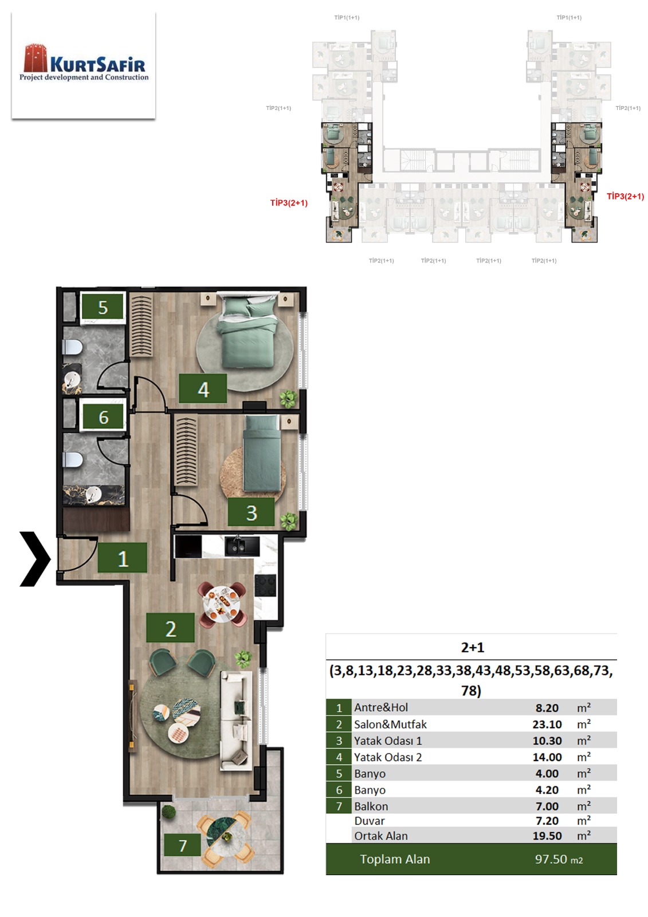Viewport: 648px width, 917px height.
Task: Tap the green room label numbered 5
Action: click(103, 307)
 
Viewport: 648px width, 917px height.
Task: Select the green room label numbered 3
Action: click(251, 512)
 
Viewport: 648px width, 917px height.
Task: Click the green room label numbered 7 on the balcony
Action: click(183, 845)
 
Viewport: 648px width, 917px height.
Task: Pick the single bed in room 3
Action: click(262, 453)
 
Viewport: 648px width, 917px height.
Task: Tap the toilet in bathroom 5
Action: click(72, 347)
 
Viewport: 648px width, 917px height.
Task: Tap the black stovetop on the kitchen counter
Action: click(265, 585)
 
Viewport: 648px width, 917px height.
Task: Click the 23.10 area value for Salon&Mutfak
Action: click(547, 724)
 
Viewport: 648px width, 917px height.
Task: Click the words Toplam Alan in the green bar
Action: click(395, 859)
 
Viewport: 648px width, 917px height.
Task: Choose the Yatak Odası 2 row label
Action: click(388, 757)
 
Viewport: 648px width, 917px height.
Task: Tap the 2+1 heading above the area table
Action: click(472, 647)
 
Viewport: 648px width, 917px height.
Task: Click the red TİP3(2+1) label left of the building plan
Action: click(289, 203)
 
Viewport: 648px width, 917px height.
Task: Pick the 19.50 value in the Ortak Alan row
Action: click(547, 836)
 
